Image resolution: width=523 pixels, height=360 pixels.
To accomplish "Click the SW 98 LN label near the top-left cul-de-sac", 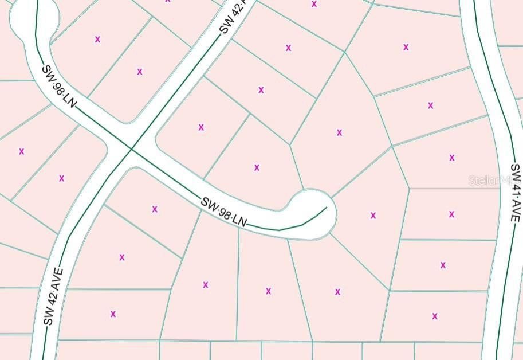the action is tap(58, 87).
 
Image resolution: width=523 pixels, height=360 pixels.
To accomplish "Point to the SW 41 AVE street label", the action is tap(515, 194).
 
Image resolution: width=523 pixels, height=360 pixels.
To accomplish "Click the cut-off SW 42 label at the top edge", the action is tap(233, 17).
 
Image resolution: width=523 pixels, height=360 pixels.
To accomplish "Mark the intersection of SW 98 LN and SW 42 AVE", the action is tap(131, 149).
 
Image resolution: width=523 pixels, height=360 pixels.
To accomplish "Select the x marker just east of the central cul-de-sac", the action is tap(373, 216).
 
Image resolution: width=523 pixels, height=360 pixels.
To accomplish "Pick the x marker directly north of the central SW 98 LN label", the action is tap(257, 167).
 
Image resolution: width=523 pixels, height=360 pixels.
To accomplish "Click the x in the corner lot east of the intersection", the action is tap(201, 127).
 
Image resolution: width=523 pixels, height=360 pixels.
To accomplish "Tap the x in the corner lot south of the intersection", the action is tap(155, 209).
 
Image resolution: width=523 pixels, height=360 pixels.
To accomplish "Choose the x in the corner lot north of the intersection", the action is tap(140, 72).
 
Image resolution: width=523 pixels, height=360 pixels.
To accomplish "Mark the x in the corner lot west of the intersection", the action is tap(61, 178).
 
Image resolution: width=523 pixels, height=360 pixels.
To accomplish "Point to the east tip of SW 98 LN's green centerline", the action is tap(327, 207).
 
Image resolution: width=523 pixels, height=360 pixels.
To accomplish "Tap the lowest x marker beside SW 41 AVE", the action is tap(435, 316).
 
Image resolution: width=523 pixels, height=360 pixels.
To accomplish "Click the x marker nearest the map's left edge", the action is tap(22, 152).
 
